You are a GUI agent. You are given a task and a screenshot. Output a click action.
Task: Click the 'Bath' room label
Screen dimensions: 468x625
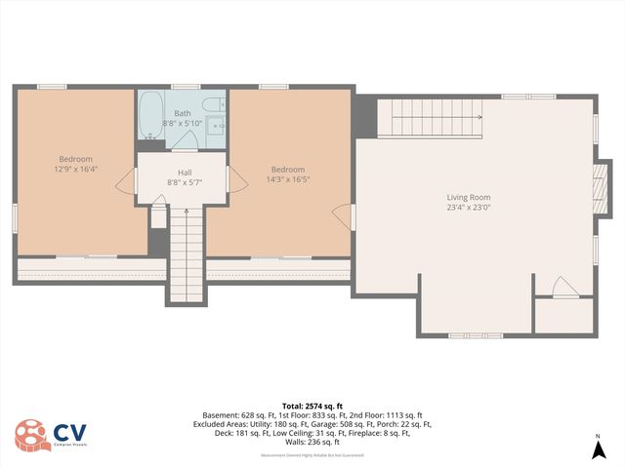click(183, 113)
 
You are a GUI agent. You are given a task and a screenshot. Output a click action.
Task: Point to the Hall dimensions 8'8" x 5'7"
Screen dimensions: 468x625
click(185, 182)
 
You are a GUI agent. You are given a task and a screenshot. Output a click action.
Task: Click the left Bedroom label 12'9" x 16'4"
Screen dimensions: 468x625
click(75, 169)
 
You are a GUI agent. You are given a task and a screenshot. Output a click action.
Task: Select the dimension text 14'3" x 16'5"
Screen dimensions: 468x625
click(287, 179)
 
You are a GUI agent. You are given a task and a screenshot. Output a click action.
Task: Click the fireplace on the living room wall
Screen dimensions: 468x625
click(600, 181)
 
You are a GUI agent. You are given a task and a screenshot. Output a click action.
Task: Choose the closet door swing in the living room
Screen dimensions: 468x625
click(563, 288)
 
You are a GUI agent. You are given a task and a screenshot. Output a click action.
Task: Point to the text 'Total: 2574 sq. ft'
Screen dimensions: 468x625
click(312, 405)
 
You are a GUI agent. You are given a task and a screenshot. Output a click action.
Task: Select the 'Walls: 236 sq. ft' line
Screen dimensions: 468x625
click(312, 444)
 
